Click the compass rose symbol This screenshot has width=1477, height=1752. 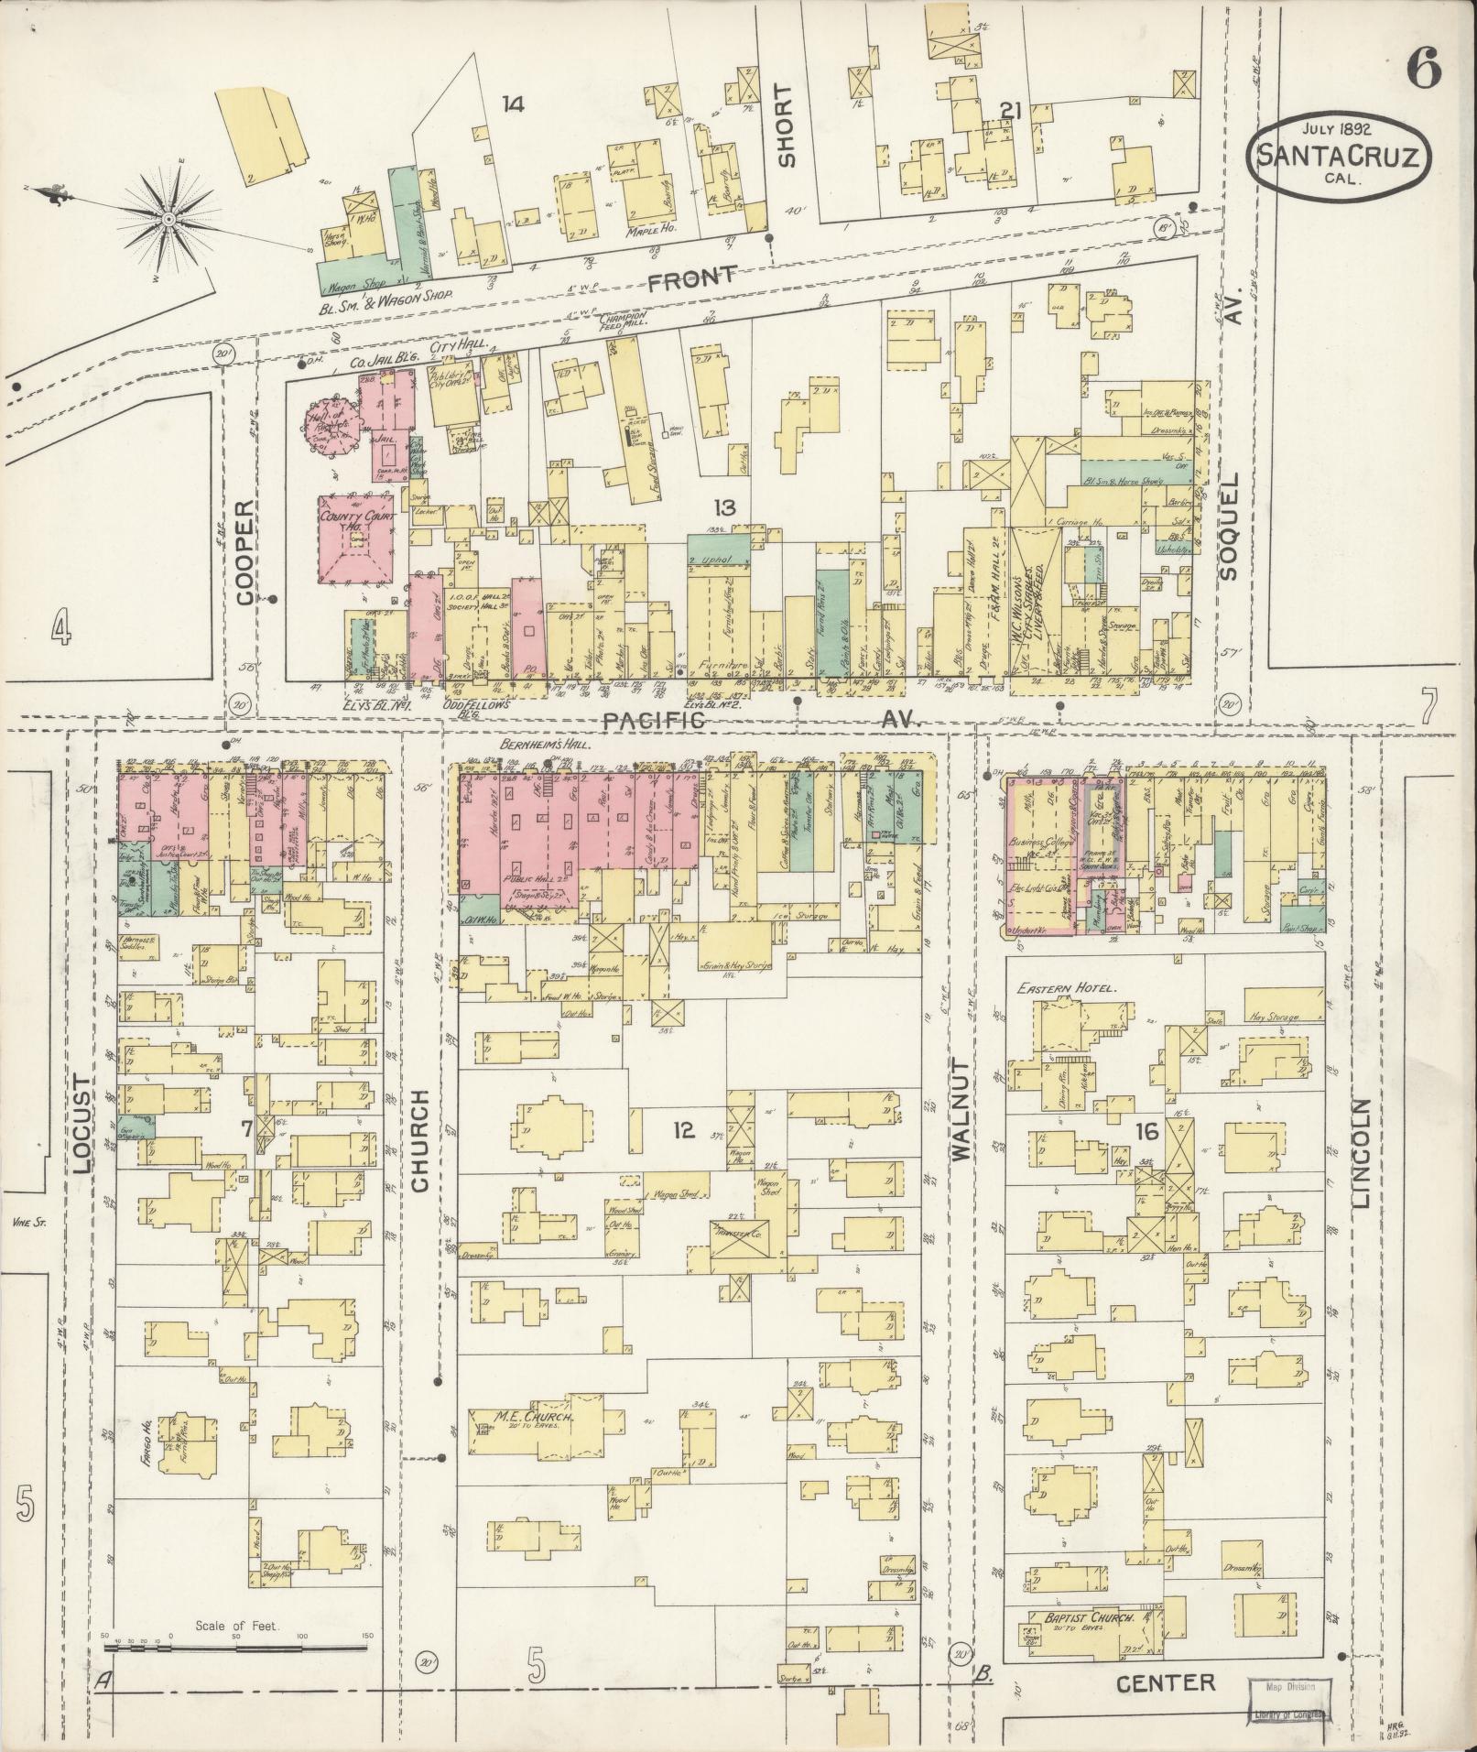coord(170,219)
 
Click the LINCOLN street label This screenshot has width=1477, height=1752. coord(1362,1152)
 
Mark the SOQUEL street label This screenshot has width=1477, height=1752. coord(1229,526)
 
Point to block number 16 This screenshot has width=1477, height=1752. coord(1146,1132)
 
